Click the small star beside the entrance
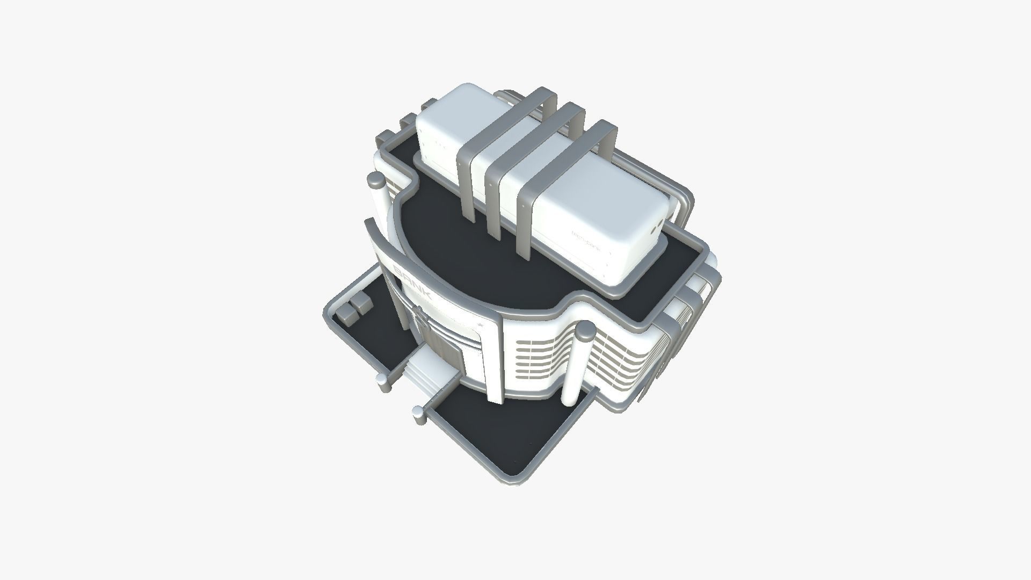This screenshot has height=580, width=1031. click(481, 325)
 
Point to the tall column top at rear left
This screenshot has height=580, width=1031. click(376, 183)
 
